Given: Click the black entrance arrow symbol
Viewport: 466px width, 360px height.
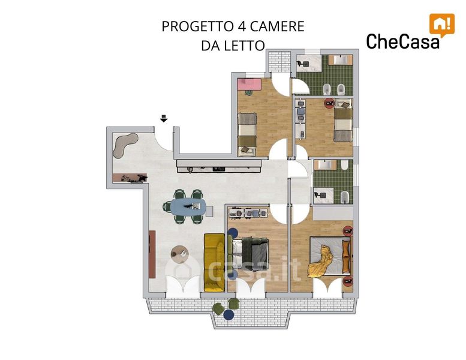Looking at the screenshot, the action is (x=164, y=118).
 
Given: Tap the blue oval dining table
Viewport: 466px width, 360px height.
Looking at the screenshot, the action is (x=188, y=206).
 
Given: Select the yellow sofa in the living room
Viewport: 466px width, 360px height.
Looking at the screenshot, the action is (x=214, y=262).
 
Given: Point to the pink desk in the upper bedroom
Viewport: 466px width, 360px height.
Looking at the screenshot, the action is (x=249, y=85).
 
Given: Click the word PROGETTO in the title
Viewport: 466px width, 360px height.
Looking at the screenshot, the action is (x=197, y=26).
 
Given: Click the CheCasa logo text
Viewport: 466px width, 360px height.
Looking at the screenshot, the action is (x=403, y=41).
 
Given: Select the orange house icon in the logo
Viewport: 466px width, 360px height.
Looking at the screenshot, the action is (x=442, y=25).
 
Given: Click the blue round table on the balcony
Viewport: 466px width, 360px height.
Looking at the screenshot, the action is (x=229, y=315).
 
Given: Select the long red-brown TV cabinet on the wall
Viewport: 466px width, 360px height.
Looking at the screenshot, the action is (x=152, y=254).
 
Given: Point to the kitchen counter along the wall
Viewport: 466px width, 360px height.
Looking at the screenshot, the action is (x=219, y=166).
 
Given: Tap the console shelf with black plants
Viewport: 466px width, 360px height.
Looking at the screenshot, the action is (x=130, y=178).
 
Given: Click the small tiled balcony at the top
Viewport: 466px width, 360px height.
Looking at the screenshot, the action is (x=279, y=62).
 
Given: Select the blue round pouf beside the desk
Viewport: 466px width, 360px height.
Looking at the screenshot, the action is (x=233, y=233).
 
